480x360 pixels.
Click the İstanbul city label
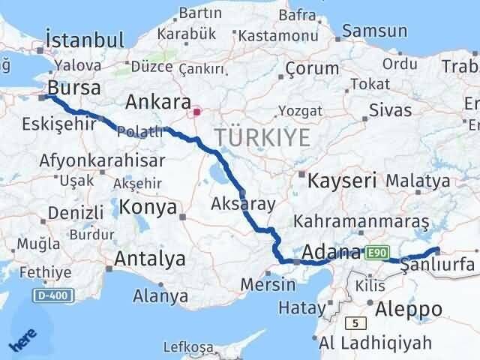click(x=85, y=39)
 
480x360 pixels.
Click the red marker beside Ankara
click(x=196, y=112)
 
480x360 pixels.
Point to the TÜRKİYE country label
click(x=262, y=138)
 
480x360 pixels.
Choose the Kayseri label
click(x=340, y=180)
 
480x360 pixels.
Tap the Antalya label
click(x=150, y=259)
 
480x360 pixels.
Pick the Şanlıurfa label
click(x=438, y=264)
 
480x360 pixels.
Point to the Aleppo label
click(x=410, y=309)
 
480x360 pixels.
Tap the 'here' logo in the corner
click(x=22, y=342)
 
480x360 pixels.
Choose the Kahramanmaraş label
click(x=361, y=223)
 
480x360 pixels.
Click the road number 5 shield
click(x=352, y=323)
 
